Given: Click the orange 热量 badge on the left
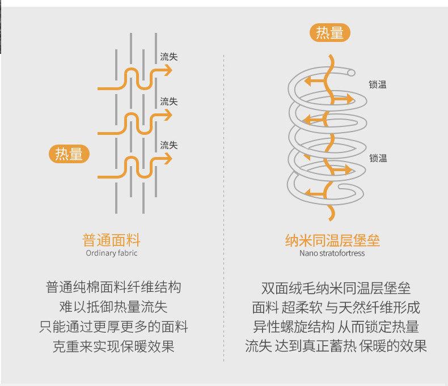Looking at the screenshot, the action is (x=69, y=154).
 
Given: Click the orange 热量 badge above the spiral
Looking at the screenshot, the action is (x=329, y=33).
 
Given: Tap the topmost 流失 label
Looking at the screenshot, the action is (x=168, y=57).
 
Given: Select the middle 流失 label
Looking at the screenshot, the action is (x=168, y=101).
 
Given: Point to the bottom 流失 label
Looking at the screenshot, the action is (x=168, y=145).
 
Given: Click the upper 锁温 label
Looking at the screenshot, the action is (x=378, y=85).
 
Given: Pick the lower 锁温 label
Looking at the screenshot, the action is (x=378, y=158).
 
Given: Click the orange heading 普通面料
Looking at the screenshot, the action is (x=111, y=239).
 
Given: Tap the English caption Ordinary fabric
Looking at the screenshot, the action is (x=111, y=253).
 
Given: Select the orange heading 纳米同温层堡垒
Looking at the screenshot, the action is (x=332, y=240).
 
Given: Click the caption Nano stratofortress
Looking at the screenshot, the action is (x=332, y=253).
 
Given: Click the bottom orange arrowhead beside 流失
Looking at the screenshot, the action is (x=168, y=158).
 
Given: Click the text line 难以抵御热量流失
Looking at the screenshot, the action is (x=113, y=307).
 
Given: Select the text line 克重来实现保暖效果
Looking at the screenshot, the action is (x=113, y=346).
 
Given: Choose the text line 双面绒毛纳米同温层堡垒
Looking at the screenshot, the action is (x=336, y=288).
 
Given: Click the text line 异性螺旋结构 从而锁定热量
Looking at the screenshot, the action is (x=336, y=326).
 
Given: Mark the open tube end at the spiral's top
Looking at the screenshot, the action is (x=352, y=73).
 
